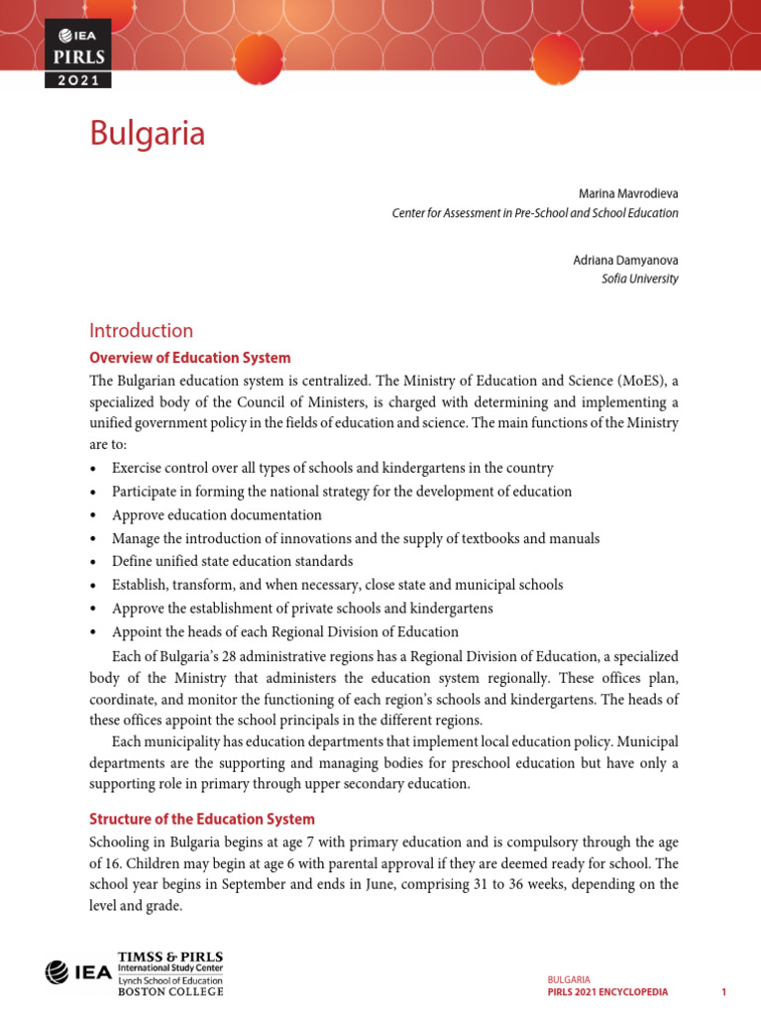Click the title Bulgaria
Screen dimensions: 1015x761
pos(148,133)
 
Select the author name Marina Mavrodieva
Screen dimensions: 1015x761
pos(628,193)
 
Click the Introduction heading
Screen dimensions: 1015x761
pos(141,331)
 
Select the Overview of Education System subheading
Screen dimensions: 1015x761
pos(190,358)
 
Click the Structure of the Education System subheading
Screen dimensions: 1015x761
pos(202,819)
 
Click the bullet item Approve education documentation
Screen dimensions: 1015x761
pos(216,515)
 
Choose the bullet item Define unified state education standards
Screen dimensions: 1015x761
pos(232,561)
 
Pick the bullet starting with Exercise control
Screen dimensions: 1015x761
pos(332,468)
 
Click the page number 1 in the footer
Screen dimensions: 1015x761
pos(724,992)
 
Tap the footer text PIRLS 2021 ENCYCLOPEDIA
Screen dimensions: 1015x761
pos(608,992)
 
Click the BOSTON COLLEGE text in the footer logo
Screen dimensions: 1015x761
pos(169,991)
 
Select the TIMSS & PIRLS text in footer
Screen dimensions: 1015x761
pos(169,958)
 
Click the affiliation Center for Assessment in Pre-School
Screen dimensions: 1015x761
pos(535,212)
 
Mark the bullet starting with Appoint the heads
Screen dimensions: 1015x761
pos(284,631)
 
